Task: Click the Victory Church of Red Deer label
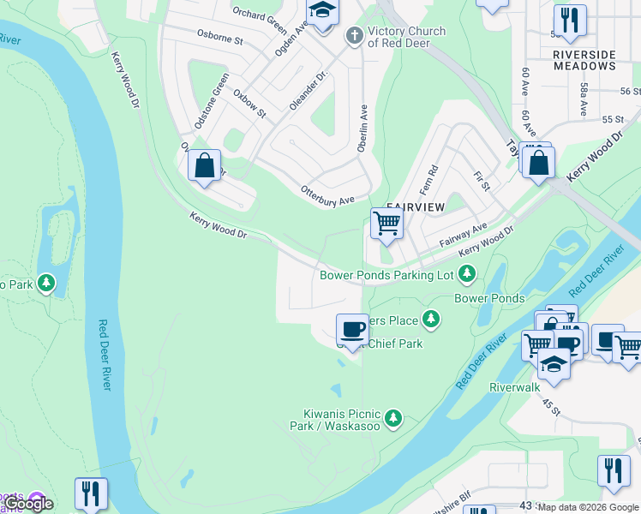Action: point(406,37)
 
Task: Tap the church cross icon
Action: point(353,36)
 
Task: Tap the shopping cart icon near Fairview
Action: point(386,224)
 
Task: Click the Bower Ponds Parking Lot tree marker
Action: point(467,274)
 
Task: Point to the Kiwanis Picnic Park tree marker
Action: point(393,418)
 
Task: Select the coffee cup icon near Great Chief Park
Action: point(353,329)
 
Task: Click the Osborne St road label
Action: point(220,40)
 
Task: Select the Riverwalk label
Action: point(515,387)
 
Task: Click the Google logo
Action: point(28,504)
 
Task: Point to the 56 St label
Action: point(631,91)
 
